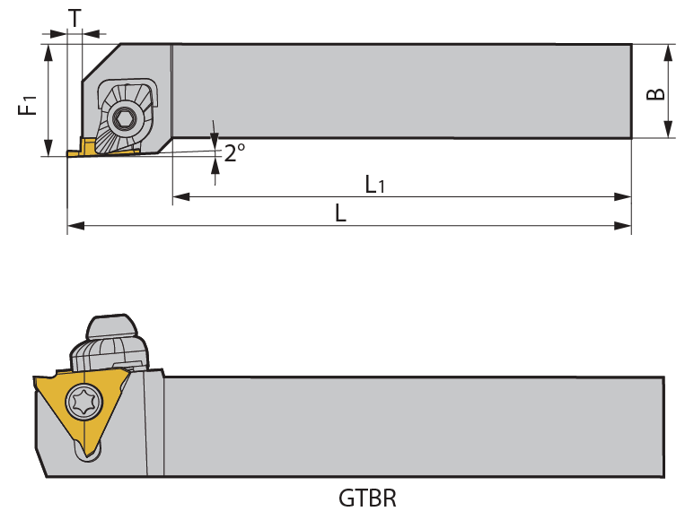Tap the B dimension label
click(x=657, y=93)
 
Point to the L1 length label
click(x=375, y=185)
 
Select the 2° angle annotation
click(x=234, y=152)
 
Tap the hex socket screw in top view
click(x=123, y=117)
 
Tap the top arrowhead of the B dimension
click(x=669, y=52)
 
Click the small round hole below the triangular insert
click(x=88, y=455)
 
